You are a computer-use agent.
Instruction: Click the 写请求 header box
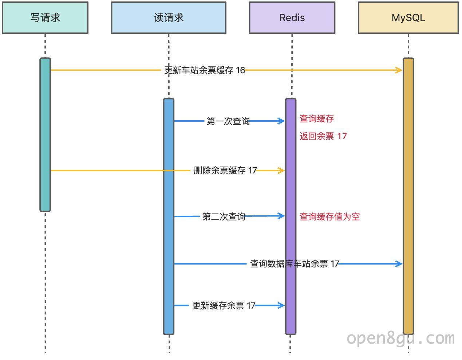click(45, 17)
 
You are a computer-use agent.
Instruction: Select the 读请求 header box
click(169, 17)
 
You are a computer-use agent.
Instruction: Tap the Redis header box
click(292, 17)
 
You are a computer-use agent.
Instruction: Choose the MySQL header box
click(408, 17)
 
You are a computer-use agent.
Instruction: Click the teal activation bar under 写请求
click(45, 135)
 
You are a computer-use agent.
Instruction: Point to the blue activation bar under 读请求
click(169, 216)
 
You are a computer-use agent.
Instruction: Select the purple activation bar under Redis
click(291, 216)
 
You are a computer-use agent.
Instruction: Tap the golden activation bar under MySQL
click(408, 196)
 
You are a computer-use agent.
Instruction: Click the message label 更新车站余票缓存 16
click(205, 70)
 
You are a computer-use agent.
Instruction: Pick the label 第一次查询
click(228, 121)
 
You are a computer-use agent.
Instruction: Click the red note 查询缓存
click(317, 119)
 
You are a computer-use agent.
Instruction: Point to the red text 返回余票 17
click(323, 136)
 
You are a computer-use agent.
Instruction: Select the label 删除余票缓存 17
click(225, 171)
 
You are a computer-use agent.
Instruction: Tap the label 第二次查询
click(224, 216)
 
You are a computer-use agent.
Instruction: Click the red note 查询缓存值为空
click(329, 217)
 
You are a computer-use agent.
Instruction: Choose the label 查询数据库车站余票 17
click(295, 264)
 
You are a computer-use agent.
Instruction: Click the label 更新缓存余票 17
click(224, 306)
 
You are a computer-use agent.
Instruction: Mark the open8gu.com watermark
click(401, 339)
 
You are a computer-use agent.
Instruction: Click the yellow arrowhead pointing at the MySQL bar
click(399, 70)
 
